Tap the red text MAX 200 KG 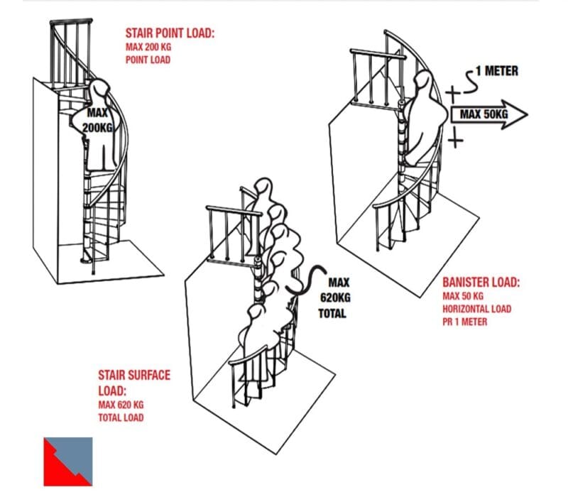click(x=148, y=47)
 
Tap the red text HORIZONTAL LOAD click(x=476, y=309)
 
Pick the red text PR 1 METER click(x=465, y=322)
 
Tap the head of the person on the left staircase click(x=100, y=91)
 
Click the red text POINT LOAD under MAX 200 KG click(x=148, y=60)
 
